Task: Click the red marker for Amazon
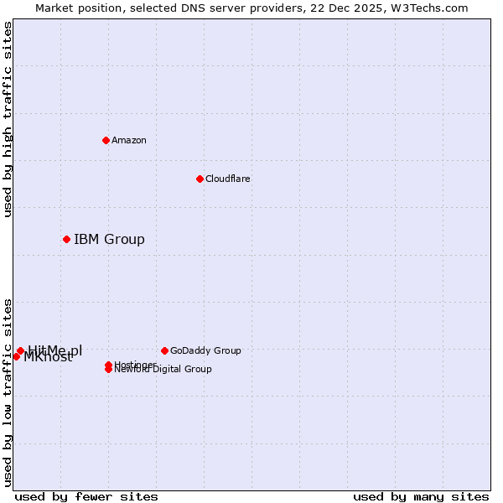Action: click(106, 140)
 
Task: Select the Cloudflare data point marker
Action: click(200, 179)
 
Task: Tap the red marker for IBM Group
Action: click(66, 240)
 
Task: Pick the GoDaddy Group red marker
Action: click(164, 350)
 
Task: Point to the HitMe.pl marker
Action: click(20, 350)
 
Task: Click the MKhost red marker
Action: click(16, 356)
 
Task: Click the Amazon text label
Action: click(129, 140)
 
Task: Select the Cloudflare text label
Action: click(228, 179)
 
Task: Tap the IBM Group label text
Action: click(109, 240)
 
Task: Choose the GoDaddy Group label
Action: click(205, 350)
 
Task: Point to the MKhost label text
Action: click(48, 358)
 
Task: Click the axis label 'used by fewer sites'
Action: click(86, 496)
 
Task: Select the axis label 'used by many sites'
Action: click(421, 496)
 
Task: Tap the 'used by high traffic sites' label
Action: click(8, 119)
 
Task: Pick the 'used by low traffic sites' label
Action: click(8, 392)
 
